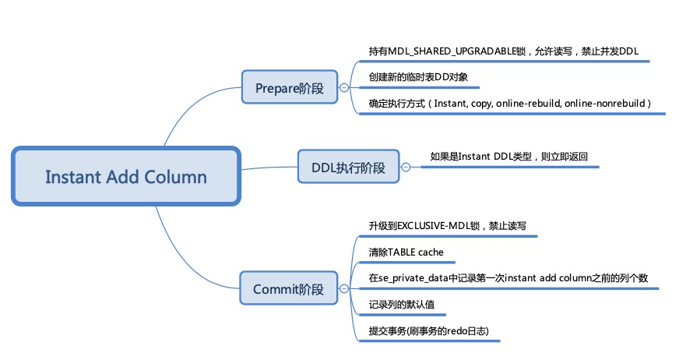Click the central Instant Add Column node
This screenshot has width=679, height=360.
point(125,177)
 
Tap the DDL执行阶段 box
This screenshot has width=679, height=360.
point(347,167)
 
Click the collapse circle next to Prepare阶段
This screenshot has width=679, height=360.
point(344,89)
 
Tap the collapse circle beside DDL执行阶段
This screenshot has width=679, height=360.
point(405,167)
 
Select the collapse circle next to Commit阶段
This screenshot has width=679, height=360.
point(341,290)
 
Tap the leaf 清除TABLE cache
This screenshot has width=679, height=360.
point(406,252)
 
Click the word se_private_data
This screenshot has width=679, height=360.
point(413,278)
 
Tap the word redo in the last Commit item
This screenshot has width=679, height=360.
point(455,330)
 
